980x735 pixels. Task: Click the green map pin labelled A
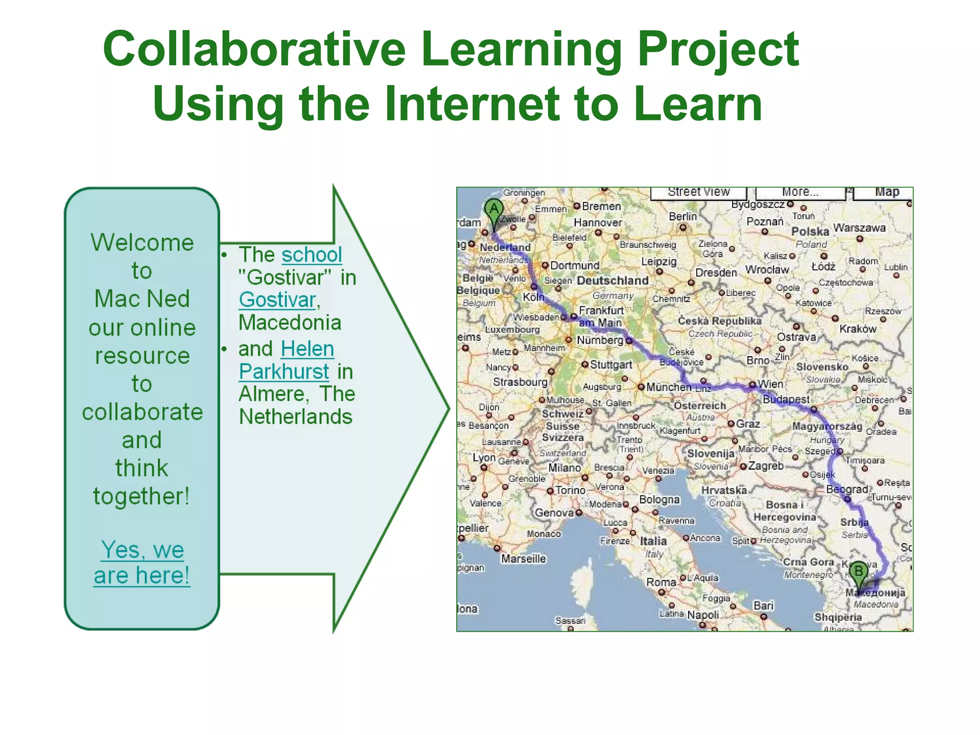point(494,211)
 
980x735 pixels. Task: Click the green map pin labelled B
point(859,572)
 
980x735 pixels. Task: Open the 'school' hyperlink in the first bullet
point(312,255)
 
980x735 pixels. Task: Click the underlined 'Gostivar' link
point(277,300)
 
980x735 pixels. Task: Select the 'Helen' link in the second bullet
point(307,349)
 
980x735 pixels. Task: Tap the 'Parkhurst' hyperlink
point(284,371)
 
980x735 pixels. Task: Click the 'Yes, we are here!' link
point(142,562)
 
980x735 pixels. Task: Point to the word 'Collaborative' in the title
point(254,49)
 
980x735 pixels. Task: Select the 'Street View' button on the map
point(699,192)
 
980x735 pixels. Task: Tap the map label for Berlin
point(683,217)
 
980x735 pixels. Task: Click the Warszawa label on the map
point(859,228)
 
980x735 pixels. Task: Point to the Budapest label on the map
point(786,399)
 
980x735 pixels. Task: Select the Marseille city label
point(523,558)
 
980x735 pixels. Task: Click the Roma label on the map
point(661,582)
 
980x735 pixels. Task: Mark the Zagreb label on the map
point(766,466)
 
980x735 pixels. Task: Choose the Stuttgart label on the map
point(611,365)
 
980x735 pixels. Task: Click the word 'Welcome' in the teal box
point(142,242)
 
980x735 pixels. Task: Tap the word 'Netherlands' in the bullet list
point(296,417)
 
